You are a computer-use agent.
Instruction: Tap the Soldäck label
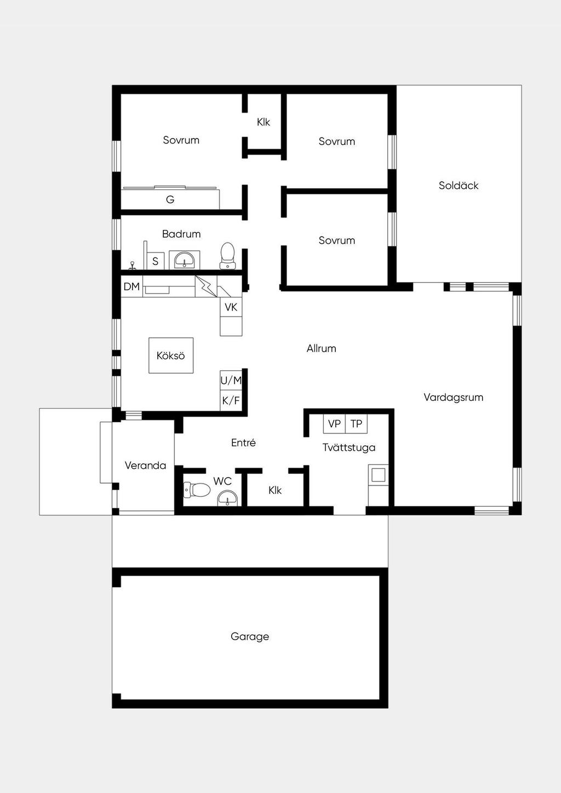click(459, 186)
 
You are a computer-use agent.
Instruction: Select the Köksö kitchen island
click(171, 355)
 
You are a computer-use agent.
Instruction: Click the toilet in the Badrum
click(227, 256)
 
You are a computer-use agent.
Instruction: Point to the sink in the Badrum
click(184, 260)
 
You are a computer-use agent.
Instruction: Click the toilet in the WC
click(197, 490)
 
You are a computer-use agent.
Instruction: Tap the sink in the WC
click(227, 498)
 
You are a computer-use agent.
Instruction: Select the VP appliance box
click(334, 424)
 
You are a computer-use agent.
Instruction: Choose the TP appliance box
click(356, 424)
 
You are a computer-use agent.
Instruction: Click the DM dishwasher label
click(131, 286)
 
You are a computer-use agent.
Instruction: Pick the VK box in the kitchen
click(231, 307)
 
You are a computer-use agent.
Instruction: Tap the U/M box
click(231, 381)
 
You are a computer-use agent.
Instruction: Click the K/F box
click(231, 401)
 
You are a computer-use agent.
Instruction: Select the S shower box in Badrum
click(156, 261)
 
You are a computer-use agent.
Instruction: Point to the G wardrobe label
click(170, 200)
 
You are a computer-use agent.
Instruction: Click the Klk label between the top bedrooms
click(264, 122)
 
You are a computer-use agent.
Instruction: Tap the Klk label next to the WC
click(275, 490)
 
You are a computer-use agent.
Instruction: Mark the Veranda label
click(145, 465)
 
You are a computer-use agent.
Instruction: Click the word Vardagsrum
click(453, 397)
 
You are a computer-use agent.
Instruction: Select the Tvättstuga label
click(349, 447)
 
